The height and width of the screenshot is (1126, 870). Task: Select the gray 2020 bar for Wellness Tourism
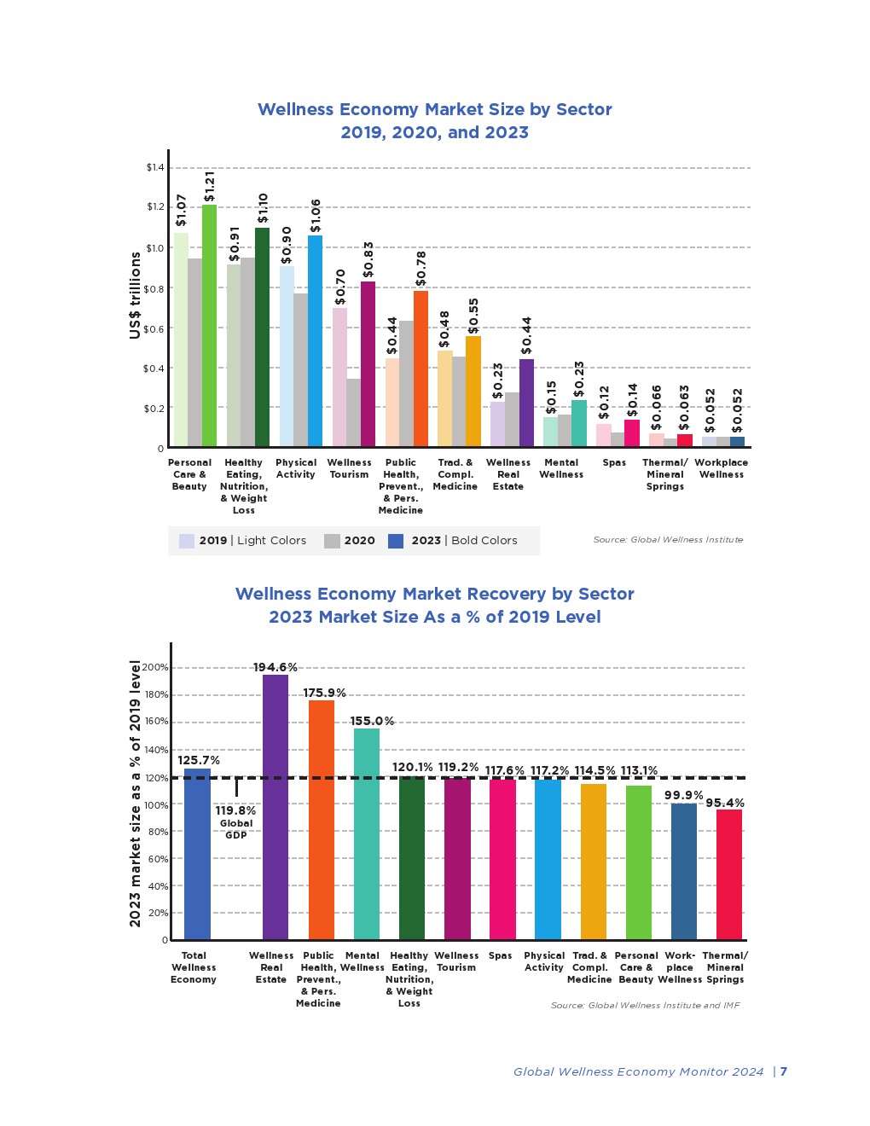(x=353, y=413)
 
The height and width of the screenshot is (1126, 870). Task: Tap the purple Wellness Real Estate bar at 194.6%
(x=275, y=807)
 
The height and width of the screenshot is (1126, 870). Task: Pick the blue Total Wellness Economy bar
(x=197, y=854)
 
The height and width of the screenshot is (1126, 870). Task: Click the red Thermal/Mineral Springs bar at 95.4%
(x=729, y=874)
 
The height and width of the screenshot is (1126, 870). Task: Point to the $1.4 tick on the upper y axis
(x=155, y=167)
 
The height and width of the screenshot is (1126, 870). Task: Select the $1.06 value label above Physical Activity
(x=316, y=216)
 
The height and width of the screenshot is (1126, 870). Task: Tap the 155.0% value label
(x=372, y=722)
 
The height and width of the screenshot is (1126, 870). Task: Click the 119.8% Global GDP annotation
(x=235, y=811)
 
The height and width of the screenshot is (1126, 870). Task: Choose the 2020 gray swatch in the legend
(x=332, y=541)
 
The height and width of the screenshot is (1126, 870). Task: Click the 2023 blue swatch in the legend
(x=396, y=541)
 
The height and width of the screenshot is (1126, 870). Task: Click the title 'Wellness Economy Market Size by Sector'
(x=434, y=109)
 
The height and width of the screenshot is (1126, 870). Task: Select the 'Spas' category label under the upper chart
(x=614, y=463)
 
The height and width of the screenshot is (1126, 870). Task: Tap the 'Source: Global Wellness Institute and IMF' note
(x=645, y=1006)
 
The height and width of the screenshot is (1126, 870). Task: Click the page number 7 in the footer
(x=784, y=1072)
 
